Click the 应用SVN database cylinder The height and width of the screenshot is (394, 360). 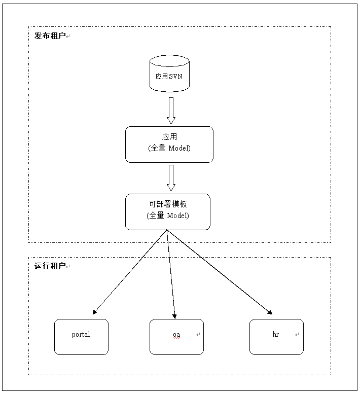click(x=169, y=74)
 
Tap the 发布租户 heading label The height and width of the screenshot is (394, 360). click(x=50, y=36)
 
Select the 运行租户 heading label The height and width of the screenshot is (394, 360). click(x=50, y=266)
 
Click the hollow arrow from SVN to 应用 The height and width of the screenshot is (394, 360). click(x=171, y=110)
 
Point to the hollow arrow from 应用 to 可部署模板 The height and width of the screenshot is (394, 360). click(x=171, y=177)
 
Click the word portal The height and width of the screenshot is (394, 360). click(x=81, y=335)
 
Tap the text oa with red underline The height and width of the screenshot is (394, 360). click(x=176, y=335)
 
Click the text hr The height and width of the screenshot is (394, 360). click(x=276, y=335)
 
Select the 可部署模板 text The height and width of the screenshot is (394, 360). click(x=168, y=204)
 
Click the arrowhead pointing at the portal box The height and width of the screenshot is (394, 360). click(x=95, y=312)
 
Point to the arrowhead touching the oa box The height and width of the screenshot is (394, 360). click(x=174, y=316)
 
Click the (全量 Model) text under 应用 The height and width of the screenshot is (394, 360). click(x=169, y=148)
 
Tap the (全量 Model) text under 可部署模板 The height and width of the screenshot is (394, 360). click(x=168, y=216)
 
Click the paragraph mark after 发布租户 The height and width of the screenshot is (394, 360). click(x=68, y=37)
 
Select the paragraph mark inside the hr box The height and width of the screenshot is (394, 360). click(x=297, y=335)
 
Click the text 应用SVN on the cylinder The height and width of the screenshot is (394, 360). click(x=169, y=77)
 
